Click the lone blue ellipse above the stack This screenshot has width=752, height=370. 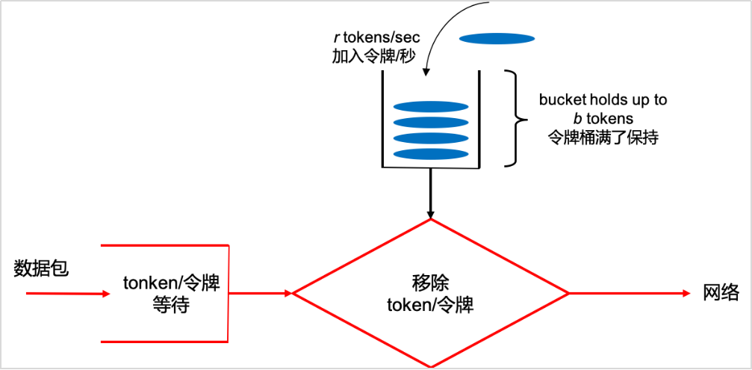point(497,39)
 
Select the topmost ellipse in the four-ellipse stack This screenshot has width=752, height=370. point(431,106)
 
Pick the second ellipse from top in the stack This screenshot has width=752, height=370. point(431,122)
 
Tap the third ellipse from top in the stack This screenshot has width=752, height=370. point(431,138)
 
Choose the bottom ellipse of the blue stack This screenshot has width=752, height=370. point(431,154)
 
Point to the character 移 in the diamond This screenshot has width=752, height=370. point(420,283)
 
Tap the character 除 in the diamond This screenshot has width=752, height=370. point(440,283)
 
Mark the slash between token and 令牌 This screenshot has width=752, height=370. point(433,306)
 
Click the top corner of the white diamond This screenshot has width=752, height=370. point(431,220)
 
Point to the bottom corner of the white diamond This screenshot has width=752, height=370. point(431,366)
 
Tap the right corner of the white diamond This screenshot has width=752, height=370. point(568,293)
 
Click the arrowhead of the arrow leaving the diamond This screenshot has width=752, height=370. point(687,293)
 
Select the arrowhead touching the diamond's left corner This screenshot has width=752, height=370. point(288,293)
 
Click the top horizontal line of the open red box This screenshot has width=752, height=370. point(164,244)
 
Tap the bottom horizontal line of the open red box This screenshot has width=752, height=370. point(164,342)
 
